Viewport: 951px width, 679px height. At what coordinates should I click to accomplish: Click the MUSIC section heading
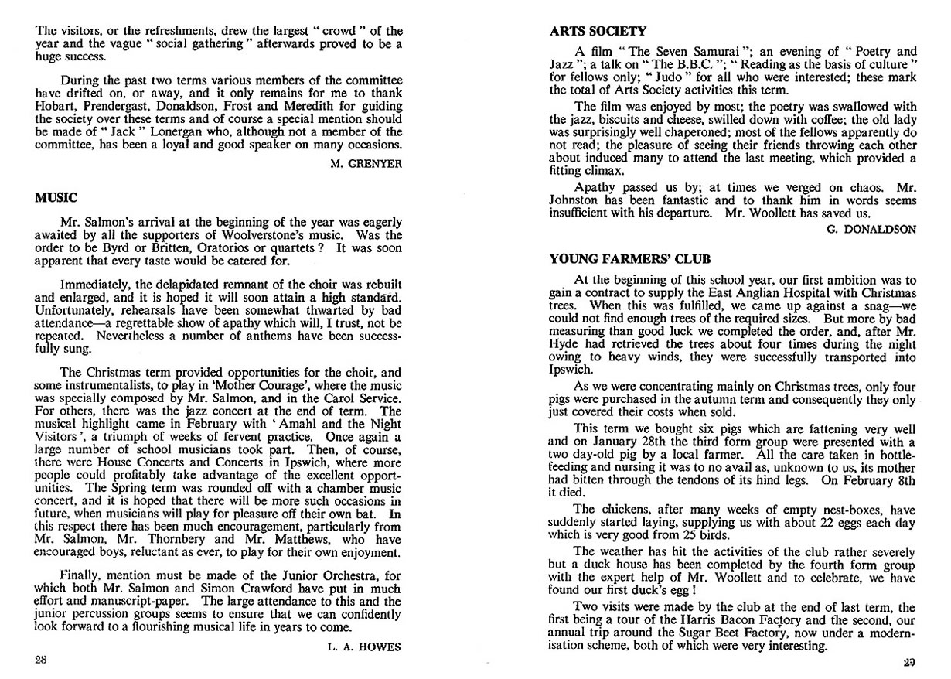point(56,198)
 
